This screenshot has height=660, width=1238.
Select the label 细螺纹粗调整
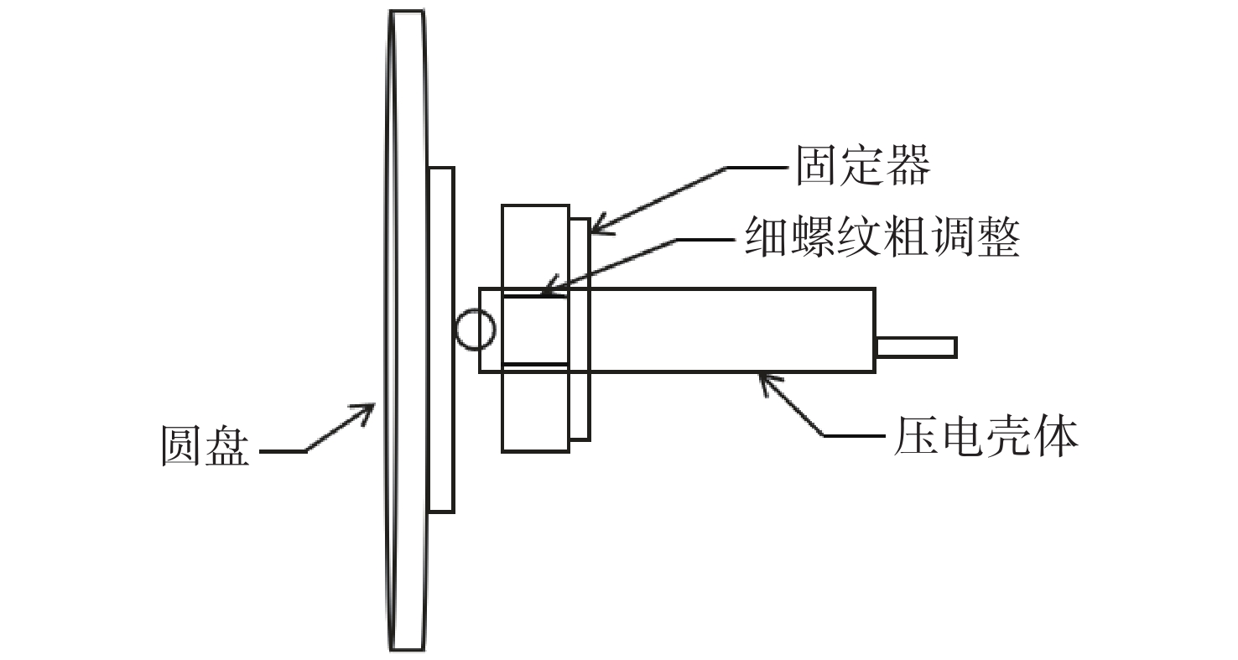click(x=882, y=236)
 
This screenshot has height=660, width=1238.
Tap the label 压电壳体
click(x=986, y=437)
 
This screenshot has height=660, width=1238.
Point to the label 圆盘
click(x=205, y=445)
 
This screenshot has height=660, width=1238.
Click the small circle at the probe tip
click(x=475, y=330)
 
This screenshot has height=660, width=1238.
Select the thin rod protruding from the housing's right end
click(x=917, y=348)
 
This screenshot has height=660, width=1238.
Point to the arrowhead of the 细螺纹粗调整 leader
click(x=550, y=286)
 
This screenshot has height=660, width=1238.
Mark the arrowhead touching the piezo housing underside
click(x=768, y=383)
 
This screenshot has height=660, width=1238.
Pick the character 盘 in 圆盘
click(x=227, y=445)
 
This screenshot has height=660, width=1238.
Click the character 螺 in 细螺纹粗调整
click(x=813, y=236)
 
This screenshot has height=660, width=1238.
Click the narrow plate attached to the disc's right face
click(x=441, y=340)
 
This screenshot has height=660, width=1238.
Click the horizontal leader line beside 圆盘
click(x=283, y=452)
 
